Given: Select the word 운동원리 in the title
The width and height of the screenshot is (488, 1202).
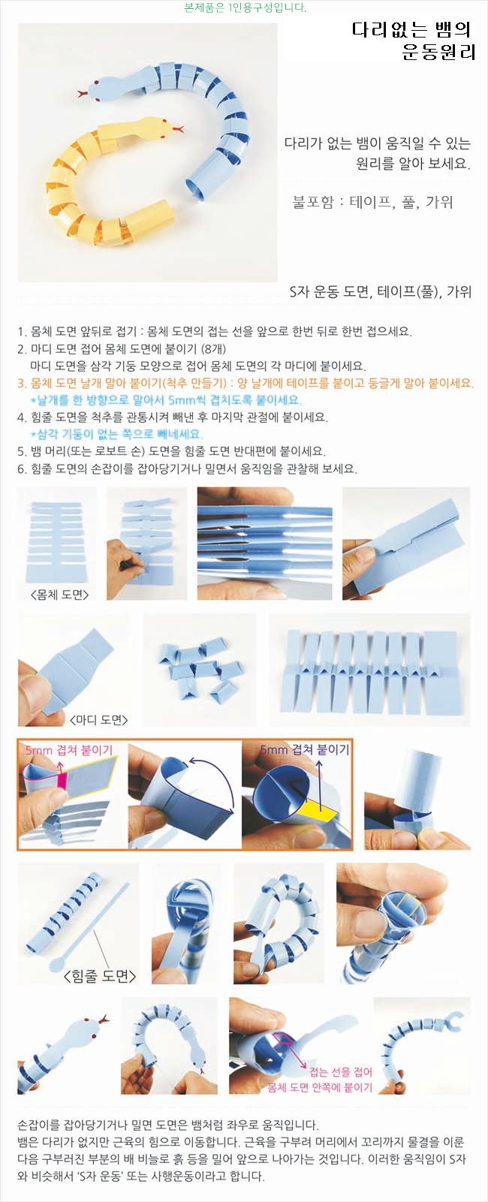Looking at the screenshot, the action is point(438,53).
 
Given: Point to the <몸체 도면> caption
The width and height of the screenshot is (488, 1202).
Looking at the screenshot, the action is point(59,594).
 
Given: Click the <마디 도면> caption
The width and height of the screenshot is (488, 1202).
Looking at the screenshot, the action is point(99,719).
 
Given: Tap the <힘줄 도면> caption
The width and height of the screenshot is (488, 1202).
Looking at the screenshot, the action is point(100,975).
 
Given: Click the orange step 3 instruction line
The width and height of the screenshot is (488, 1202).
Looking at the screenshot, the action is point(246,383).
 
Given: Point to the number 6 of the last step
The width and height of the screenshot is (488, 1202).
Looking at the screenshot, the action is point(20,469).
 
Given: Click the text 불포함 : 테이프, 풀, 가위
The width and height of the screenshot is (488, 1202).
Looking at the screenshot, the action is point(372,202).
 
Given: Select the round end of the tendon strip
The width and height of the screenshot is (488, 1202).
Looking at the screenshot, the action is point(56,966).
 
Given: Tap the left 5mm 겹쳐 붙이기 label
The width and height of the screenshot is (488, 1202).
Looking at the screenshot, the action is point(69,750).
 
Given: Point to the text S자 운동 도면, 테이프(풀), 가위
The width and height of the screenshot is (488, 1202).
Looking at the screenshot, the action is point(380,291).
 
